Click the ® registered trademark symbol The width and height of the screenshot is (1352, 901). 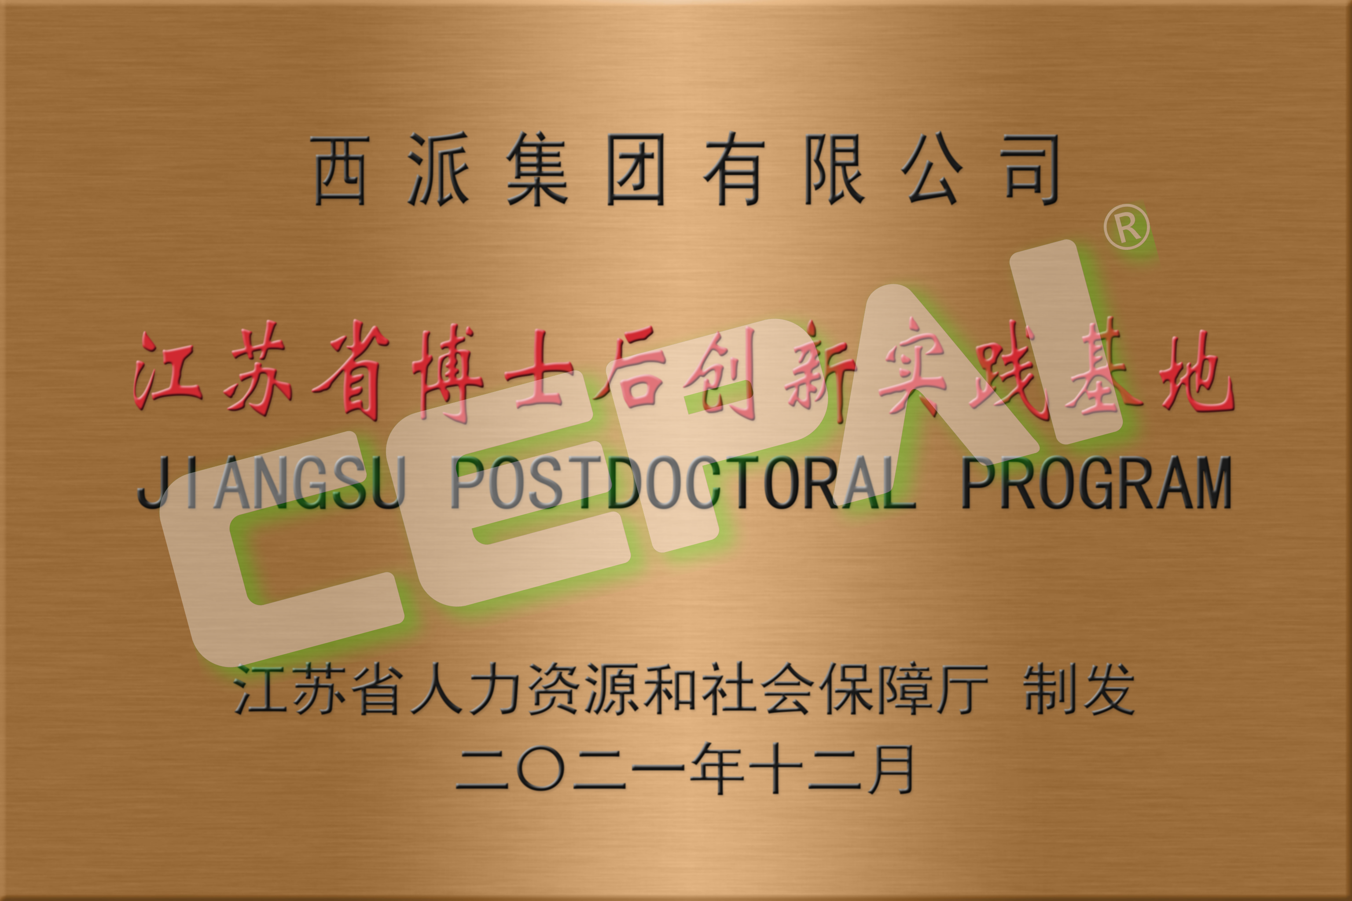coord(1127,227)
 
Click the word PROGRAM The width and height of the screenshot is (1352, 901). coord(1097,483)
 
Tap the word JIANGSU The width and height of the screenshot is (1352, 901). coord(271,483)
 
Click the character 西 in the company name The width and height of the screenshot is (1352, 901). coord(340,170)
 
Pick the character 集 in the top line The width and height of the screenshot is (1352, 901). coord(537,170)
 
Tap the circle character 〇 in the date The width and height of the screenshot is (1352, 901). coord(541,769)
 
